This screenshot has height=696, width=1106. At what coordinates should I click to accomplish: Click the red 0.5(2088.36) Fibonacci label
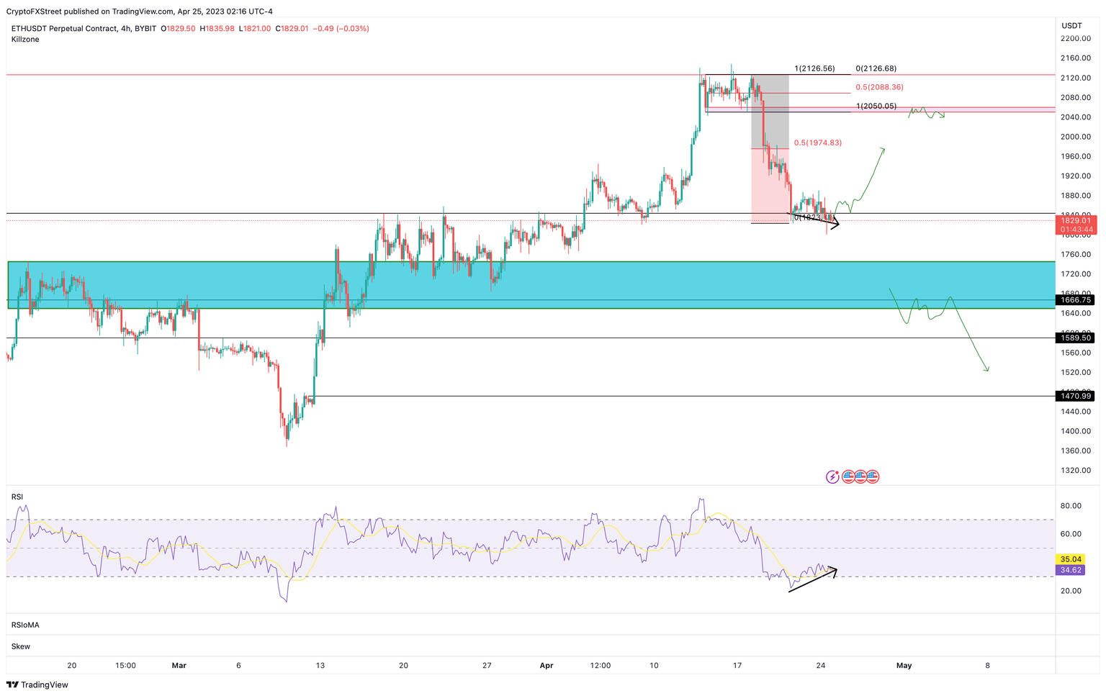click(x=879, y=87)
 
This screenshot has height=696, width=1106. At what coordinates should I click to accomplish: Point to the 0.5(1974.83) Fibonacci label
click(x=817, y=143)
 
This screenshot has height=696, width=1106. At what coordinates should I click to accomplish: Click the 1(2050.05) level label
click(x=876, y=106)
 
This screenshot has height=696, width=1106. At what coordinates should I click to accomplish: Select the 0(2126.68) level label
click(x=876, y=68)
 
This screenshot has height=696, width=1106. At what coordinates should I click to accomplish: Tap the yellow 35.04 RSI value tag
click(x=1071, y=559)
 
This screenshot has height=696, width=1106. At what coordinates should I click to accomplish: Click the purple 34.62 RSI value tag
click(x=1071, y=570)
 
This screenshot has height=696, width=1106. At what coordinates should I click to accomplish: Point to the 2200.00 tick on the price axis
click(x=1076, y=39)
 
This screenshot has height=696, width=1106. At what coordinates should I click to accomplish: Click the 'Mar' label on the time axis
click(x=179, y=666)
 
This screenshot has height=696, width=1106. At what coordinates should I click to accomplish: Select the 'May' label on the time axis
click(x=904, y=666)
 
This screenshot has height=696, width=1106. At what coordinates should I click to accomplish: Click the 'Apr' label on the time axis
click(x=546, y=666)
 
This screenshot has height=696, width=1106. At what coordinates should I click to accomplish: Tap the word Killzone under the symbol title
click(x=25, y=40)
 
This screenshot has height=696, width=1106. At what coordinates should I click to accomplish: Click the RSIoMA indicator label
click(x=25, y=625)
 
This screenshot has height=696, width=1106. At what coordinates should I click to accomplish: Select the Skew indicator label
click(x=21, y=646)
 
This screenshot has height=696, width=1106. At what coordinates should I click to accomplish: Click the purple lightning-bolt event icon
click(x=832, y=476)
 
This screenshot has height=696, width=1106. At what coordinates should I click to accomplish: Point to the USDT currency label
click(x=1071, y=26)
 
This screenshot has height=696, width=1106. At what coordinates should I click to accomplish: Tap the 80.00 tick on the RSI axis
click(x=1071, y=506)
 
